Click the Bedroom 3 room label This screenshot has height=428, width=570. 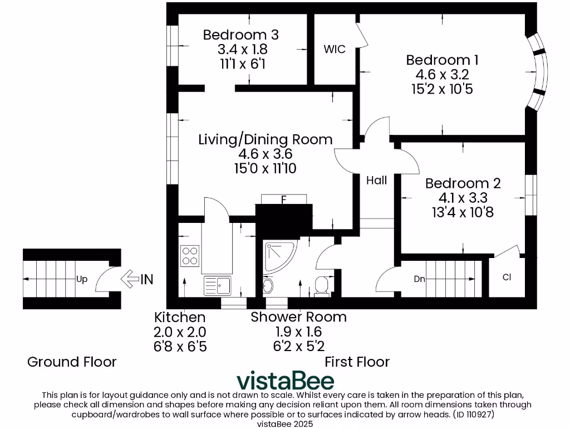(240, 35)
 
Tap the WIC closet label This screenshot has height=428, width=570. (335, 49)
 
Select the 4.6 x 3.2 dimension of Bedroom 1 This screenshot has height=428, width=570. (442, 74)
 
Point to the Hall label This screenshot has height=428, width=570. (376, 180)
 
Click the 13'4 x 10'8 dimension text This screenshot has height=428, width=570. (463, 212)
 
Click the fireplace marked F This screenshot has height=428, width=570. (283, 200)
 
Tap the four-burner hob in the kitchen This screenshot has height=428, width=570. (190, 255)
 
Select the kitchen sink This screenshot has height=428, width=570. (218, 286)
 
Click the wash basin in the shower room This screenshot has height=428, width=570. (268, 285)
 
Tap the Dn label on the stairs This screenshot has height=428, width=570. (419, 279)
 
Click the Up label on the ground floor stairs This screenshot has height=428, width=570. (82, 279)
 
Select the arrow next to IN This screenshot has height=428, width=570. (130, 279)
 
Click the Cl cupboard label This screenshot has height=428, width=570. (507, 277)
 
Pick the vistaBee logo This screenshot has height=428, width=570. (285, 381)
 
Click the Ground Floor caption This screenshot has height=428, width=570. (72, 362)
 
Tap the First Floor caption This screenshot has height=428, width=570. (357, 362)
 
